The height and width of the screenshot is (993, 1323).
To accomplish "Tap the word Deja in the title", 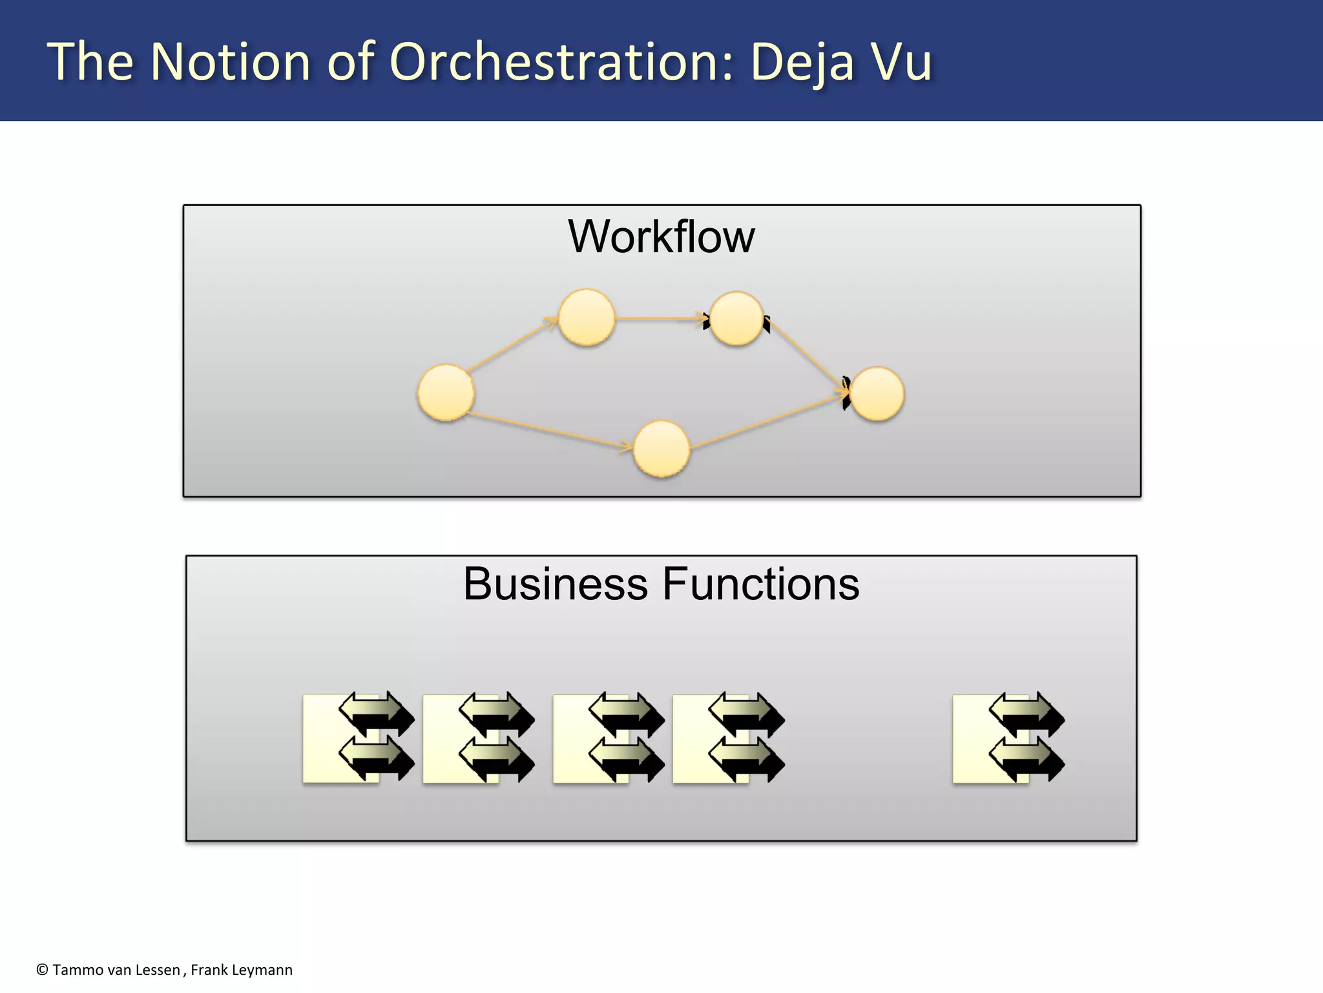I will pos(802,63).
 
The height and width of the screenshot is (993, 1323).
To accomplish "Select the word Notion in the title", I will pos(231,62).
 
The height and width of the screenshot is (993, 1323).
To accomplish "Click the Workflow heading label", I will pos(661,237).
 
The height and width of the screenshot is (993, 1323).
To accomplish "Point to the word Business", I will pos(555,584).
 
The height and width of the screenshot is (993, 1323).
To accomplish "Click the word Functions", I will pos(760,584).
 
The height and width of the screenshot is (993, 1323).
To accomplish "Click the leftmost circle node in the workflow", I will pos(446,392).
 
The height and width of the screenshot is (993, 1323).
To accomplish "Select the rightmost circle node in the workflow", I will pos(877,394).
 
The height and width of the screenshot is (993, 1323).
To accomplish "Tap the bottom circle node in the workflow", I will pos(661,449).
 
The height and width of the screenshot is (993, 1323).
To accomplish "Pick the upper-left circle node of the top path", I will pos(586,317).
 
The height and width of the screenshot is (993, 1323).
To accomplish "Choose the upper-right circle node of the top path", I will pos(736,318).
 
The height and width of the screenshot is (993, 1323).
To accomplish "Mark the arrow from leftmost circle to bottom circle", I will pos(549,430).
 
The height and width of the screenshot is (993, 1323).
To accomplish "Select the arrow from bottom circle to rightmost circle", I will pos(769,420).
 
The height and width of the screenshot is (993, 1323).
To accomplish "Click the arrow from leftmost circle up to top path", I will pos(512,345).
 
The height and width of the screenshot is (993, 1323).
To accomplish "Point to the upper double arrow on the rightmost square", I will pos(1026,714).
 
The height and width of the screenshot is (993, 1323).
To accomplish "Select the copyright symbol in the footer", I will pos(42,970).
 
